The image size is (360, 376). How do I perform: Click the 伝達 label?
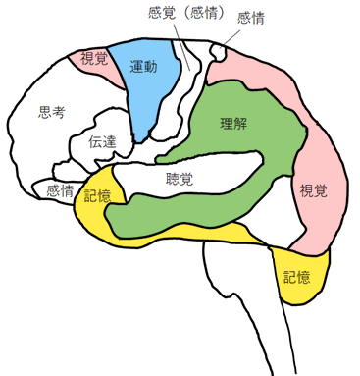(x=102, y=141)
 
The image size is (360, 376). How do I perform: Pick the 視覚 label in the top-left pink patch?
(x=94, y=59)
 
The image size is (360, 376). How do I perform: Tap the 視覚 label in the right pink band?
(x=314, y=189)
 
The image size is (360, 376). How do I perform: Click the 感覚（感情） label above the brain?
(x=187, y=14)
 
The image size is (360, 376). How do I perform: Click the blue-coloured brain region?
(x=147, y=93)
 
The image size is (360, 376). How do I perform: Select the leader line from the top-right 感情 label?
(x=230, y=35)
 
